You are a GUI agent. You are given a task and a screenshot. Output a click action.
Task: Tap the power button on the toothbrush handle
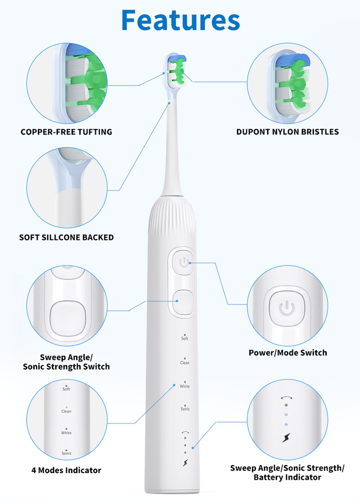[183, 262]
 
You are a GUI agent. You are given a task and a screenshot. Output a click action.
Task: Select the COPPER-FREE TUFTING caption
[66, 132]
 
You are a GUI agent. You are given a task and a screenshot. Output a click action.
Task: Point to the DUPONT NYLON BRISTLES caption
[287, 132]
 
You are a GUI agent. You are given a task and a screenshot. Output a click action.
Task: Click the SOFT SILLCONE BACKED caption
[66, 237]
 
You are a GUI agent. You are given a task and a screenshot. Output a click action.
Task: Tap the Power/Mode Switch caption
[288, 353]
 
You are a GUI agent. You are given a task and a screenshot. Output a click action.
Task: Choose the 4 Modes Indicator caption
[66, 470]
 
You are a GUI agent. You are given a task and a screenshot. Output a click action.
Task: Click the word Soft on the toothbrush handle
[185, 339]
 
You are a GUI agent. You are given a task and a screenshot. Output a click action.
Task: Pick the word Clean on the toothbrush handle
[185, 363]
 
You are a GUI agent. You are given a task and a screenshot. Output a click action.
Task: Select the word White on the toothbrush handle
[185, 386]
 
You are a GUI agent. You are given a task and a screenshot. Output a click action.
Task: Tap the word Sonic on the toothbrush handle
[185, 408]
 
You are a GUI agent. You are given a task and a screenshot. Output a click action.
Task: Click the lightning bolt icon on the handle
[185, 463]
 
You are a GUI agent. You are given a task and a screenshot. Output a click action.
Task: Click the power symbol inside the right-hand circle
[287, 308]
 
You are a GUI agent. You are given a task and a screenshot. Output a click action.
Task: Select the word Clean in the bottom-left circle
[66, 411]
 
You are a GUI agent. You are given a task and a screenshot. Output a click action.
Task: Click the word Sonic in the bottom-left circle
[66, 453]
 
